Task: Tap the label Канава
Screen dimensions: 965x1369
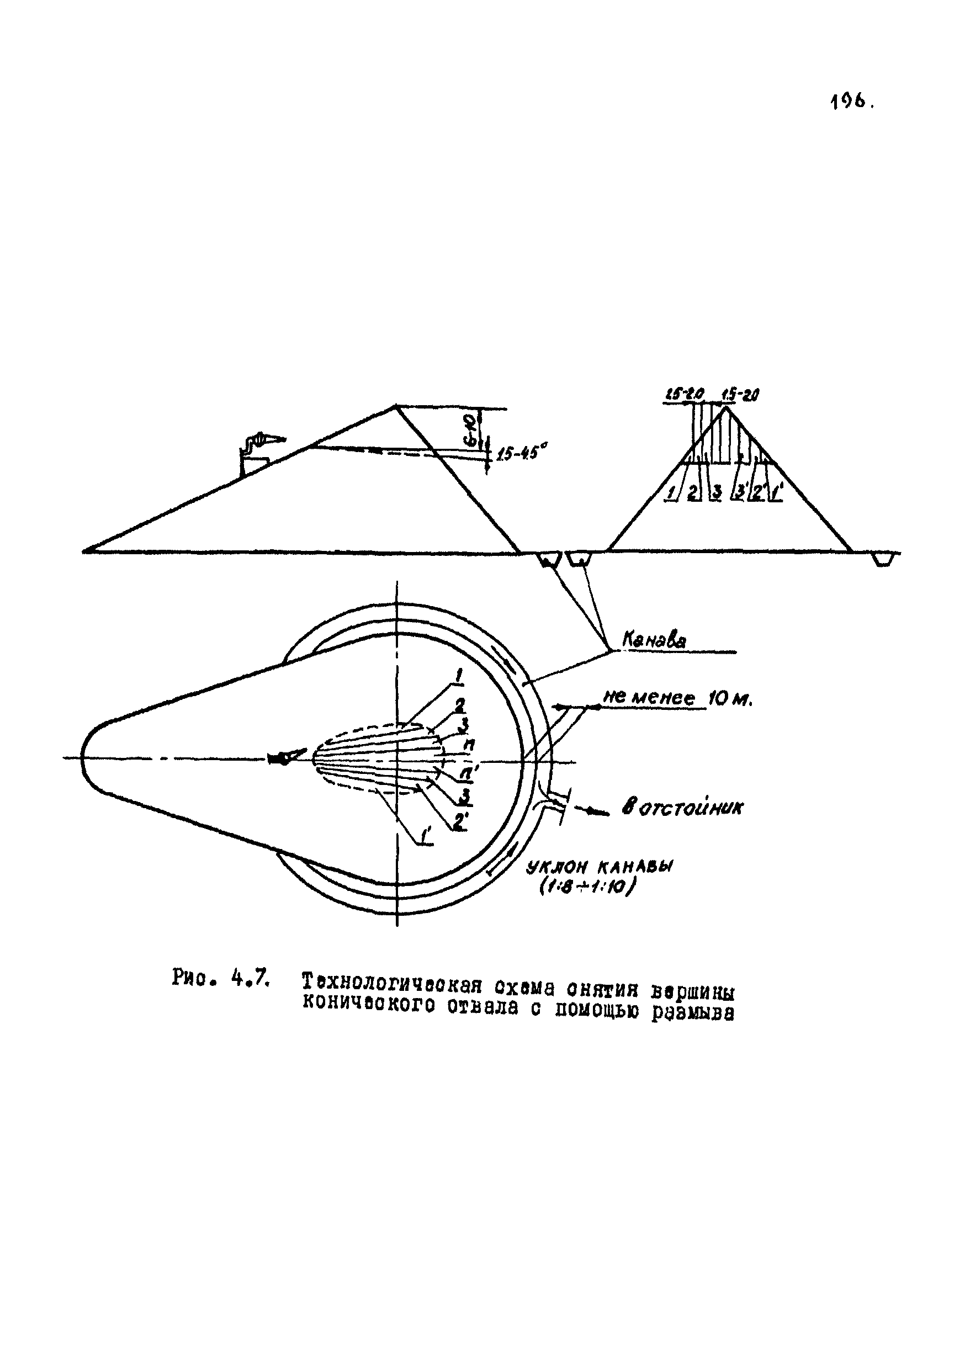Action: click(x=654, y=640)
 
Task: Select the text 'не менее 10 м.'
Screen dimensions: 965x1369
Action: click(x=678, y=698)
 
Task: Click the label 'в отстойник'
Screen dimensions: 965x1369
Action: click(x=682, y=808)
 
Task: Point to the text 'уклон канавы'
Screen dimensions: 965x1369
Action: click(x=599, y=868)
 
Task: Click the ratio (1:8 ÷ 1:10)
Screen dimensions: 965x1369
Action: click(x=588, y=888)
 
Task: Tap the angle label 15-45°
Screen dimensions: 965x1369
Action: click(x=518, y=454)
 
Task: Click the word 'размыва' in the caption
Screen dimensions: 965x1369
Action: click(x=692, y=1012)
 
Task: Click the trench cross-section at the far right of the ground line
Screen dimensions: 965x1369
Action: click(x=883, y=559)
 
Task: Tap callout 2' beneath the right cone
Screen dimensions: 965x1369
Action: click(x=757, y=492)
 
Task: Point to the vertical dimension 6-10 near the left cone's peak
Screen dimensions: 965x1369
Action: click(x=469, y=431)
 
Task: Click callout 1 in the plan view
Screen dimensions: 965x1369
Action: click(x=459, y=676)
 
